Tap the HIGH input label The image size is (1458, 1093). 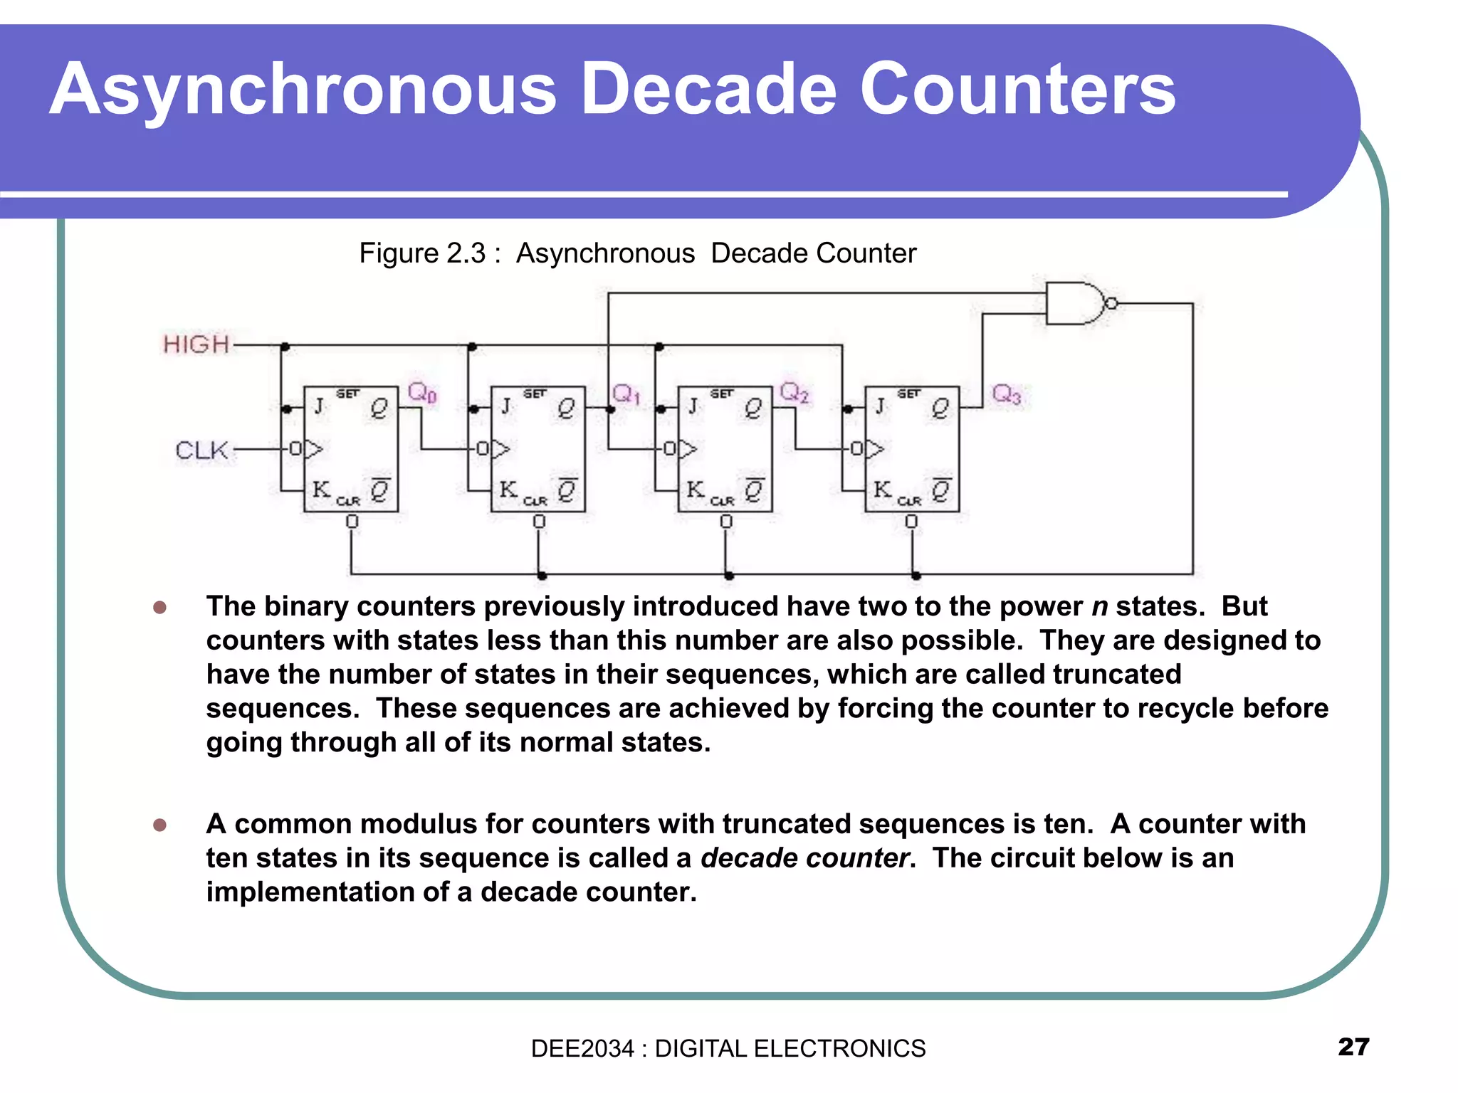coord(196,345)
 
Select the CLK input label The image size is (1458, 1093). coord(201,450)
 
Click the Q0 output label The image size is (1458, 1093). coord(422,392)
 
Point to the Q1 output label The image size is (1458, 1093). coord(626,394)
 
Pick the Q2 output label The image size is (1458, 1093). coord(794,392)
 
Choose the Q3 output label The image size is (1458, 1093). coord(1007,394)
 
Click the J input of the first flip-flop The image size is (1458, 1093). coord(319,406)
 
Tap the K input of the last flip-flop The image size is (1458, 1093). coord(882,490)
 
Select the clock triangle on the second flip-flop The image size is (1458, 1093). coord(501,449)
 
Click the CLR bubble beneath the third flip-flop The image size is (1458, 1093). coord(725,522)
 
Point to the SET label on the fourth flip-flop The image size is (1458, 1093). coord(908,394)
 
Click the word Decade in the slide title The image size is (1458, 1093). coord(709,89)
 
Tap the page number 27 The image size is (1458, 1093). coord(1353,1047)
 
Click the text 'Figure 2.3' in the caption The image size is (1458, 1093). coord(422,253)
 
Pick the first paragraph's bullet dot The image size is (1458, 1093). coord(160,607)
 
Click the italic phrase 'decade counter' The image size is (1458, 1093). coord(804,858)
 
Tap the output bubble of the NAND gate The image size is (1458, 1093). coord(1111,304)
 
